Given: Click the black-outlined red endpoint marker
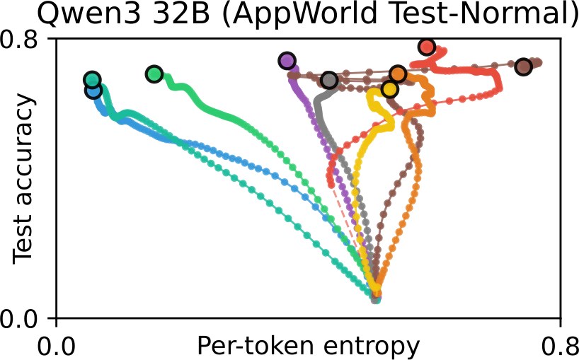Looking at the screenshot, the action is pos(427,47).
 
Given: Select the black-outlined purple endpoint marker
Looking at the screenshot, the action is pos(287,61).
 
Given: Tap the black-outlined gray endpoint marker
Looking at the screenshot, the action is pos(329,80).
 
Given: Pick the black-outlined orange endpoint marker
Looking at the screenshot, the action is pos(398,74).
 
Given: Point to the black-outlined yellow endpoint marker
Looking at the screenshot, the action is pos(389,89).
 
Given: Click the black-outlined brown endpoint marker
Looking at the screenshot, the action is pos(523,66).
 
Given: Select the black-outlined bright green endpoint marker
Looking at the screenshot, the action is pos(154,74).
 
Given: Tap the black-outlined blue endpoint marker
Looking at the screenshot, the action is pos(93,90).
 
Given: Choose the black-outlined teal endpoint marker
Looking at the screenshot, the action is pos(92,79).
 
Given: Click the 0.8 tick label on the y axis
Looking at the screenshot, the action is pos(19,40).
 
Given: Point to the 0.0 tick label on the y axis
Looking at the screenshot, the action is pos(19,318).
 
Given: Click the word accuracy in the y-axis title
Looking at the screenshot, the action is pos(23,150).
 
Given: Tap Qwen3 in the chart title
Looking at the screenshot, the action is pos(88,14).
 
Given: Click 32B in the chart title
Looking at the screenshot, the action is pos(180,14).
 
